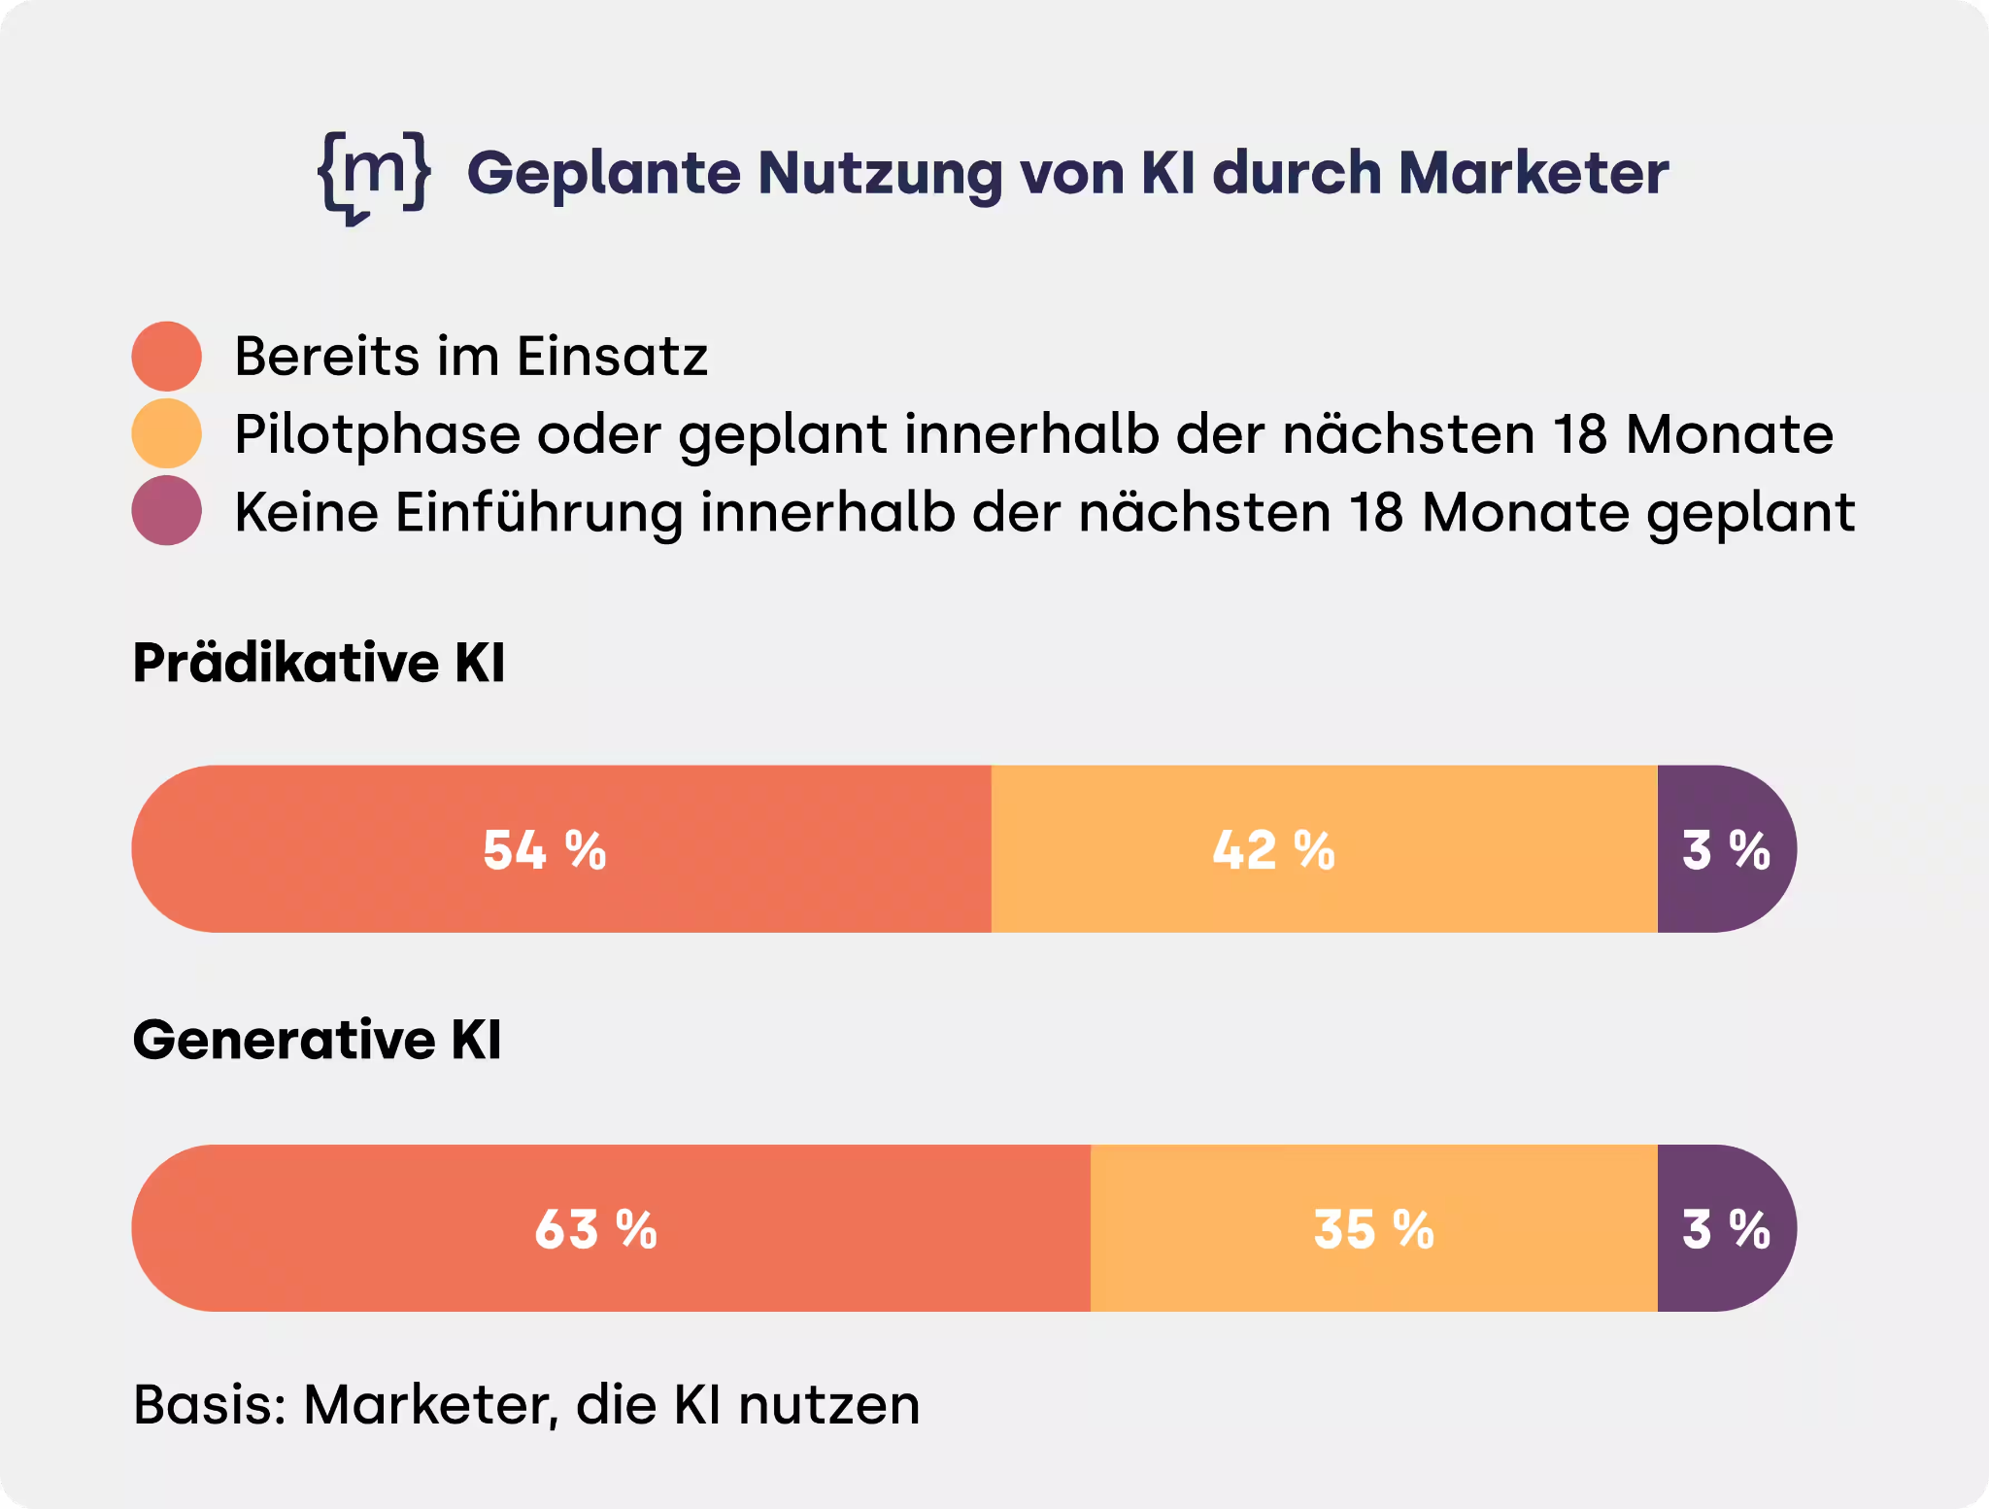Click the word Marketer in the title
(x=1534, y=173)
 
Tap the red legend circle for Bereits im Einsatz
(x=167, y=357)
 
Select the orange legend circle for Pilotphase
(x=167, y=433)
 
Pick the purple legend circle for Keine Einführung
(x=167, y=510)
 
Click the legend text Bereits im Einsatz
(x=471, y=356)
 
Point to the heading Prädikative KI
(x=319, y=663)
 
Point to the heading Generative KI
(x=317, y=1040)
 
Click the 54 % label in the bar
(x=545, y=850)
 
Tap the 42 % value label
(x=1273, y=850)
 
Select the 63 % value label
(x=596, y=1229)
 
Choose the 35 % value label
(x=1373, y=1229)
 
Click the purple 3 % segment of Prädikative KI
(x=1725, y=850)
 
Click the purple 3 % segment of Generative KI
(x=1725, y=1229)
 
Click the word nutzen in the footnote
(x=828, y=1405)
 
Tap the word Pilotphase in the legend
(x=377, y=434)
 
